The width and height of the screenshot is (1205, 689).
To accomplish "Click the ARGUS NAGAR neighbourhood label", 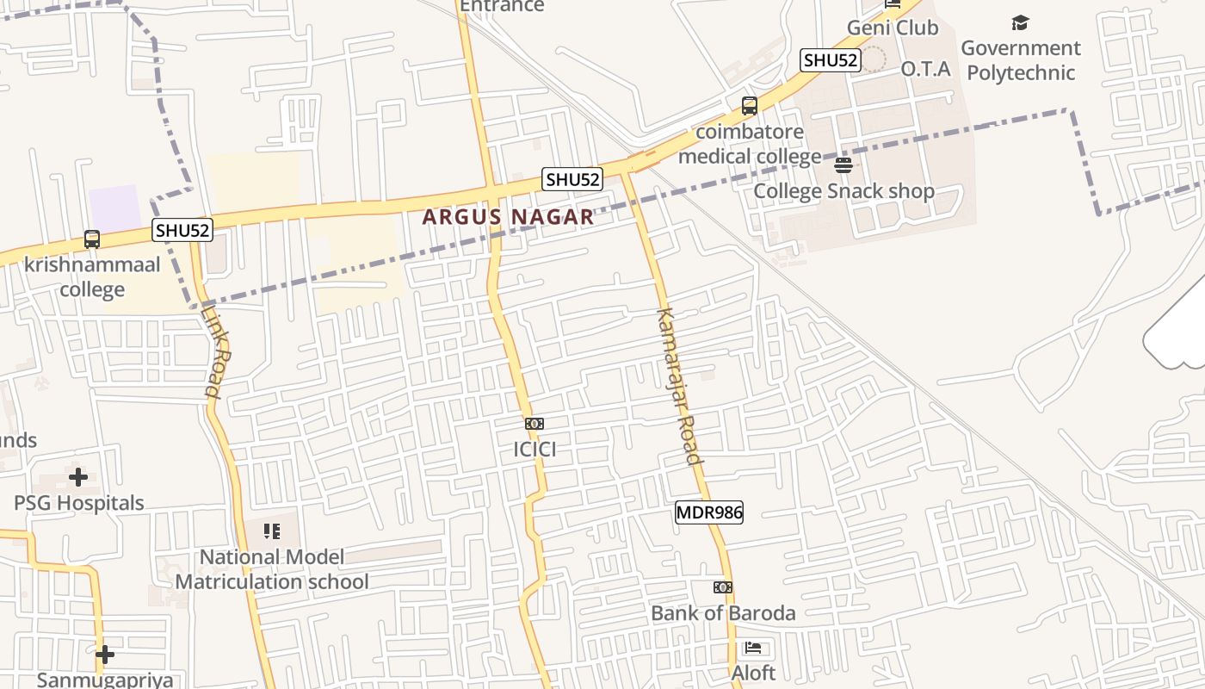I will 508,217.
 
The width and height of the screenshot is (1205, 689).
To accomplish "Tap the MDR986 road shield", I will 708,512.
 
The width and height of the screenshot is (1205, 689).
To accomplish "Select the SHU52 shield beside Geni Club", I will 830,60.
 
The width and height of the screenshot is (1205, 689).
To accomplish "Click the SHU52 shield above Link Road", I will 182,231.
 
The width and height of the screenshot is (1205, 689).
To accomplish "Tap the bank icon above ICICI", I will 535,424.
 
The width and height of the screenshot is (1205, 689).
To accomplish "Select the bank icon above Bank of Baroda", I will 723,587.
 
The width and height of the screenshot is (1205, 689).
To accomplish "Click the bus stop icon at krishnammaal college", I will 92,239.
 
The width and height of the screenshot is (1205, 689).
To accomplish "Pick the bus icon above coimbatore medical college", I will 750,106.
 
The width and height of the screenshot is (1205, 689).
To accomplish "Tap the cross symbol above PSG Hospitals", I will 78,476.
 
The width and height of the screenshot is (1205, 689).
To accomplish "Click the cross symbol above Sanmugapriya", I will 105,655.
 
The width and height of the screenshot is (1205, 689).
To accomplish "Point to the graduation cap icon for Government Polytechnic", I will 1020,22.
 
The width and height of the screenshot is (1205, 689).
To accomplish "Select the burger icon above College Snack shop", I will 843,165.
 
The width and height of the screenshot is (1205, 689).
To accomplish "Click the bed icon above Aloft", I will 753,648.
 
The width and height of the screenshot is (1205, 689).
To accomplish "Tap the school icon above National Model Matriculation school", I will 272,531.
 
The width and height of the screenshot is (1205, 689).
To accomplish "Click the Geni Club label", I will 893,28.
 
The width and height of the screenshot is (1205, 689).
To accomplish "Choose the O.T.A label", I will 925,69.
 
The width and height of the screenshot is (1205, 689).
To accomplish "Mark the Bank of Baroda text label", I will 723,613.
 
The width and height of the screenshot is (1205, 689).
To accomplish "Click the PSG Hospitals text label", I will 79,503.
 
